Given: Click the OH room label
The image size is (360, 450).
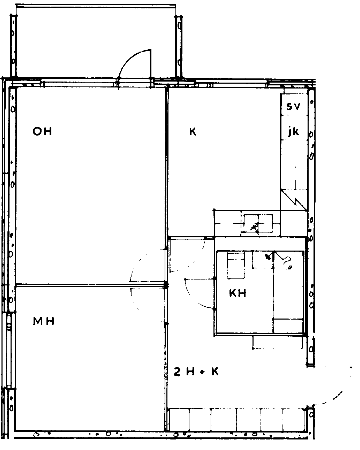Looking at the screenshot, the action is (x=42, y=131).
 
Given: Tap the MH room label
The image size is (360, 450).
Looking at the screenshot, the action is (x=44, y=321).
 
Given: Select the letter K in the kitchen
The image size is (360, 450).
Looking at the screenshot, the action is (x=193, y=132).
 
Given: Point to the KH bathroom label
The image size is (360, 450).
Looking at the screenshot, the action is (x=238, y=293).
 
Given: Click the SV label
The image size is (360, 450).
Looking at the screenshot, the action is (x=293, y=107).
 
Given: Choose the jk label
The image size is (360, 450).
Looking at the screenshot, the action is (x=293, y=132).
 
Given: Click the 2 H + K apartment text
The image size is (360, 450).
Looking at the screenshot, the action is (x=196, y=371).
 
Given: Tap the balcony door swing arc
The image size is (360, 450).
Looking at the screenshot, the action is (x=128, y=59).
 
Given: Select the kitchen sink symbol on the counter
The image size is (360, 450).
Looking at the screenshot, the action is (x=257, y=224).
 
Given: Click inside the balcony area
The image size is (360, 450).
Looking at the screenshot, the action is (x=96, y=42).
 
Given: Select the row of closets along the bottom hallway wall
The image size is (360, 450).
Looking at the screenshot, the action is (x=237, y=419).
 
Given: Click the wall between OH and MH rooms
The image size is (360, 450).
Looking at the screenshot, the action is (x=90, y=285).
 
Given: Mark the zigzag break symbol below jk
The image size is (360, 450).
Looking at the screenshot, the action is (x=294, y=200).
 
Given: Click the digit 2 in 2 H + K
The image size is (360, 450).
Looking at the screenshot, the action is (x=177, y=371).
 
